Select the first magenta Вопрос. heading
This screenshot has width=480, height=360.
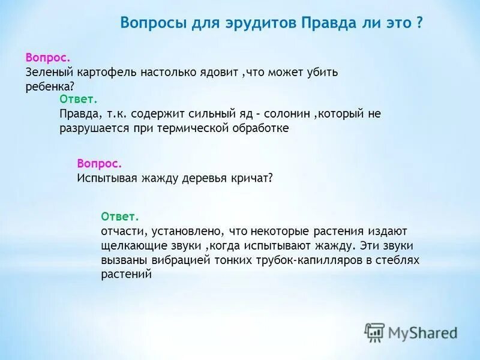point(48,58)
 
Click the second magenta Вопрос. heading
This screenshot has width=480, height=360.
point(100,163)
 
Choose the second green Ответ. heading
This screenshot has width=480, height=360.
point(120,216)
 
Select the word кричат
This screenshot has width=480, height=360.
point(252,178)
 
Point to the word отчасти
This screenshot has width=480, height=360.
point(124,231)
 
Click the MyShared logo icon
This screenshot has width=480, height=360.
point(374,331)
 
